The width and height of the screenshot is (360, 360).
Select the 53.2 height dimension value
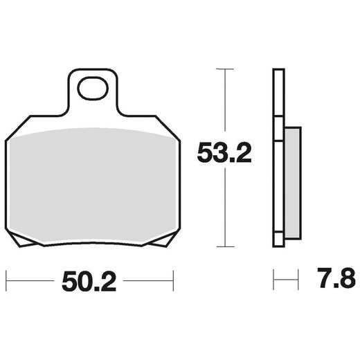(x=224, y=152)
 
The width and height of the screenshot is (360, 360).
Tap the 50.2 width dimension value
(x=87, y=281)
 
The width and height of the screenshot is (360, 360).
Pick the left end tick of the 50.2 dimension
(x=6, y=281)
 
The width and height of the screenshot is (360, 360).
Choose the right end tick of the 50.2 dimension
(x=172, y=281)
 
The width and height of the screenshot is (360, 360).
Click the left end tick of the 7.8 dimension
(x=273, y=281)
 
